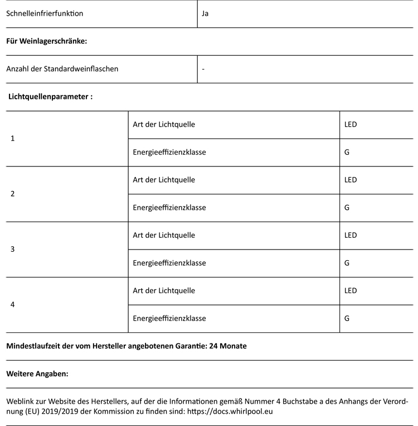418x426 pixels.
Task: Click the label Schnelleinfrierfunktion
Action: click(45, 13)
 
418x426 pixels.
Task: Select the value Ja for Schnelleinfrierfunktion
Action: click(205, 13)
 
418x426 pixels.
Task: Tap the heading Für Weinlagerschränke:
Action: click(47, 41)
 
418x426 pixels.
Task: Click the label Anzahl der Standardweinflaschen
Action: click(62, 69)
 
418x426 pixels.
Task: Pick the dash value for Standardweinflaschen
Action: click(203, 69)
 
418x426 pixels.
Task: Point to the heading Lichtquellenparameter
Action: click(50, 97)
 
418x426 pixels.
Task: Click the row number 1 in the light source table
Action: click(13, 138)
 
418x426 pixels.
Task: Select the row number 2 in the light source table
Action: click(13, 194)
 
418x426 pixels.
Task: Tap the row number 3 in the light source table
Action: click(13, 249)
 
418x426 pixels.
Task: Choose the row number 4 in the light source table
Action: click(13, 305)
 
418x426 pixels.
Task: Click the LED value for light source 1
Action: click(351, 125)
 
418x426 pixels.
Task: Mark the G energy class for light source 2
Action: click(347, 208)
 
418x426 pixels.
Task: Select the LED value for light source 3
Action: click(351, 235)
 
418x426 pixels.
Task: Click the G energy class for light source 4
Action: click(347, 319)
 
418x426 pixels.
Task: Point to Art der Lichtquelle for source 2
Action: click(164, 180)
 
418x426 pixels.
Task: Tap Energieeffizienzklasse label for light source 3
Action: click(169, 263)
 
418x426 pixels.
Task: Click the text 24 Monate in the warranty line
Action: click(227, 346)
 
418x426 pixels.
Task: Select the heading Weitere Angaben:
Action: click(37, 374)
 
